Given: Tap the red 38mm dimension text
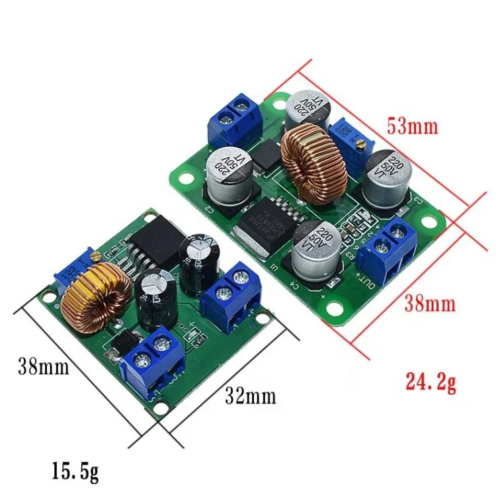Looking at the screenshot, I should (429, 305).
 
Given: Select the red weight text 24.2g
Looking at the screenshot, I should (430, 382).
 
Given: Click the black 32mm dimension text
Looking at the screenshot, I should (249, 396).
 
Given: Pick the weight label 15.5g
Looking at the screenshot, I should (75, 472).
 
